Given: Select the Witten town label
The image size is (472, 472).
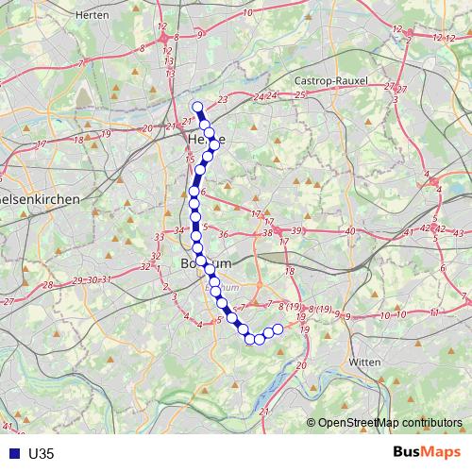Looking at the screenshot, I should [x=365, y=362].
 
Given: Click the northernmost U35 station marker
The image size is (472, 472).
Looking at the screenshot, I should [x=197, y=107].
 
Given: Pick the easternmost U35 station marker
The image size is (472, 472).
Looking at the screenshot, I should [x=278, y=329].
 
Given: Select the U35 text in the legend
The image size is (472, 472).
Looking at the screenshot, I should [x=42, y=453].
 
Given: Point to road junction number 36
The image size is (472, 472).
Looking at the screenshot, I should [x=224, y=234].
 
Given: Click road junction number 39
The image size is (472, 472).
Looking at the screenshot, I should [x=296, y=230].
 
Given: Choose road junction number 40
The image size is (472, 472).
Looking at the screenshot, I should [x=349, y=230].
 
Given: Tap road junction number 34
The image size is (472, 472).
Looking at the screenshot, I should [x=179, y=229].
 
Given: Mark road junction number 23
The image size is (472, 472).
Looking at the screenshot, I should [x=223, y=99].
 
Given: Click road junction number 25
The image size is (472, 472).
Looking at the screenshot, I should [x=300, y=94].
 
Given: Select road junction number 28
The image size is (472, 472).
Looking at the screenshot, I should [x=48, y=284].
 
